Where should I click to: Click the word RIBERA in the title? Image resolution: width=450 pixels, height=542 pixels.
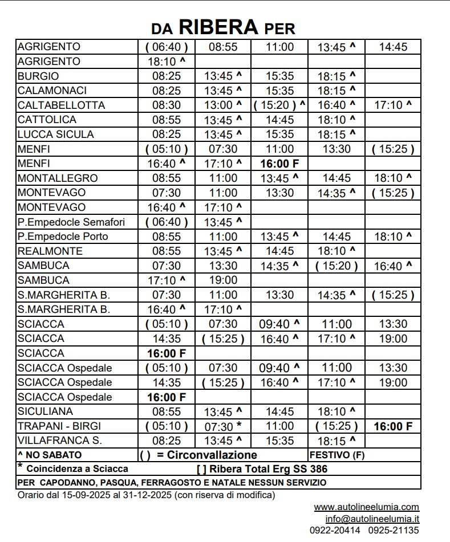coord(220,26)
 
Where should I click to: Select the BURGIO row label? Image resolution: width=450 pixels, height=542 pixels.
coord(38,76)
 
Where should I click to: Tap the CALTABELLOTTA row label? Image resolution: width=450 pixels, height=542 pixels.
coord(62,105)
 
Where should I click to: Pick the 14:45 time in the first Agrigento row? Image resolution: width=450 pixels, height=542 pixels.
coord(393,47)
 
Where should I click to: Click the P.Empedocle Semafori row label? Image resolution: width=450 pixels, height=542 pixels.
coord(71,222)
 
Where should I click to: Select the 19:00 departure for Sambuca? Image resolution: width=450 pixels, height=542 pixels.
coord(223,280)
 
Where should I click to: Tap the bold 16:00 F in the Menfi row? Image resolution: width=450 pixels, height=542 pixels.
coord(279,164)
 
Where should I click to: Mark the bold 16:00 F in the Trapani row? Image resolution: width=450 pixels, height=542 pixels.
coord(393,426)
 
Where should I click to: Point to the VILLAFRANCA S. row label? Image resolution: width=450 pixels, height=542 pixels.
coord(60,441)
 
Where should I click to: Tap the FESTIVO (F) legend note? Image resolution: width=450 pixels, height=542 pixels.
coord(337,455)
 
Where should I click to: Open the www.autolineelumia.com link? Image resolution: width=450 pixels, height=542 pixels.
coord(366,507)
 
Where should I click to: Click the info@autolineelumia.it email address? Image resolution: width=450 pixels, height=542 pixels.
coord(372,519)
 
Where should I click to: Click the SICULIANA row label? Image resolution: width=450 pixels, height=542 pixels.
coord(45,411)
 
